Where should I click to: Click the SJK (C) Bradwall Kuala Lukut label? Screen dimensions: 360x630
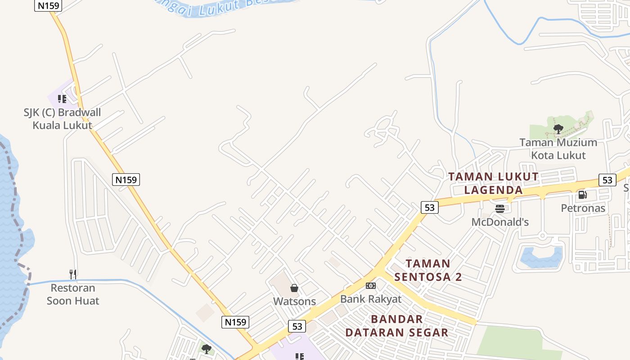(63, 119)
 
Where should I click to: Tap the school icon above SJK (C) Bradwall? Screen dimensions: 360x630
(62, 99)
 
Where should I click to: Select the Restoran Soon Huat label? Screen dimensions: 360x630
(73, 294)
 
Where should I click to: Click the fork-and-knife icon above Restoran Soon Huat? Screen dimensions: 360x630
(73, 274)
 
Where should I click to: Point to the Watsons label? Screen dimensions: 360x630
(295, 301)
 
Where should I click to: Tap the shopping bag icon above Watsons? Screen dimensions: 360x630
(294, 288)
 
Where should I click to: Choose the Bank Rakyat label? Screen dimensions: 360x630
(371, 299)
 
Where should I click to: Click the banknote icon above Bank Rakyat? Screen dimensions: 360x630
(371, 286)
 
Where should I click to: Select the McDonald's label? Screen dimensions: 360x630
(500, 222)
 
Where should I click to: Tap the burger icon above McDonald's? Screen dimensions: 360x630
(500, 208)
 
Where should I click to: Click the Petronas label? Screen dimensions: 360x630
(583, 208)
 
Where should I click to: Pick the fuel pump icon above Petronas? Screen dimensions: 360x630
(582, 195)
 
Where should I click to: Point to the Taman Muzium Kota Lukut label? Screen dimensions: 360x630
(558, 149)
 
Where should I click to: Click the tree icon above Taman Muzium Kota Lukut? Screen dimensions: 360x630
(558, 130)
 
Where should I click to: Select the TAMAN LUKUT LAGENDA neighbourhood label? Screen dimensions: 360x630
(494, 183)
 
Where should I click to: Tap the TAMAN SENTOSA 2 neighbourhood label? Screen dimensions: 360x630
(428, 270)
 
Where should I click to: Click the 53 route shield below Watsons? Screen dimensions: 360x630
(297, 326)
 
